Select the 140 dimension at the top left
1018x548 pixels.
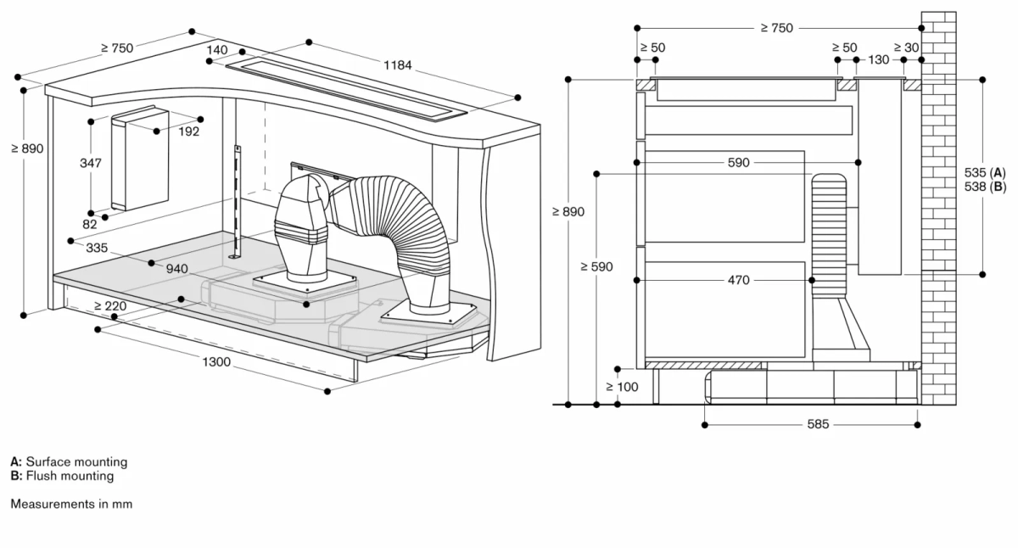(x=216, y=51)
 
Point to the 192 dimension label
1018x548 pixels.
(x=188, y=131)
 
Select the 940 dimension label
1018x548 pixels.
(x=176, y=269)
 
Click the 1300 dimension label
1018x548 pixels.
(x=217, y=361)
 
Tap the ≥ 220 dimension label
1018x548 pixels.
(x=110, y=305)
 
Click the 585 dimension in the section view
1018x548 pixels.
(x=818, y=423)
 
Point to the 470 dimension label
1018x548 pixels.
(x=738, y=280)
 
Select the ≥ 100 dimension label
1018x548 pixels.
(x=622, y=387)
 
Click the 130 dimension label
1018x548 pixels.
(x=879, y=60)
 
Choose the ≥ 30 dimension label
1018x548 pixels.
(x=907, y=48)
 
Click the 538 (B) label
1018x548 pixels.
(x=984, y=186)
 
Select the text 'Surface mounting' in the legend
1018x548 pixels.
(x=76, y=462)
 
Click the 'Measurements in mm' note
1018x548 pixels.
(x=71, y=504)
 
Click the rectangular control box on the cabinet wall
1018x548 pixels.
(x=140, y=159)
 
